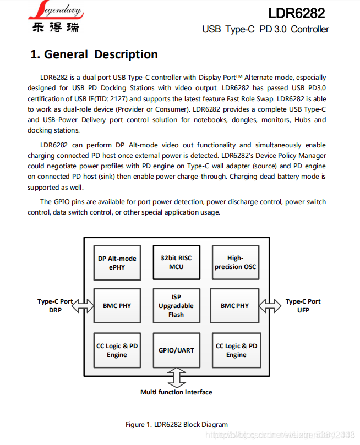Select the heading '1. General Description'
click(x=94, y=54)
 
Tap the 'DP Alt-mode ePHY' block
click(x=117, y=262)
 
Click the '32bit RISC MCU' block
click(x=176, y=262)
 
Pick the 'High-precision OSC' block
click(x=235, y=262)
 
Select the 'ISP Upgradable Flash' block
click(x=176, y=305)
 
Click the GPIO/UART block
click(x=176, y=350)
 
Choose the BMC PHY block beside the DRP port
click(x=117, y=305)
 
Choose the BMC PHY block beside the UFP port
click(x=235, y=305)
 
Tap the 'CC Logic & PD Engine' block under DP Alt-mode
click(x=117, y=350)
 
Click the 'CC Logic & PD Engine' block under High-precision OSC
click(x=236, y=350)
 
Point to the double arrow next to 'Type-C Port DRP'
click(x=83, y=305)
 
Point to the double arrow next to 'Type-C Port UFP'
click(x=270, y=305)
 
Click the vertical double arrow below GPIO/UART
click(x=176, y=378)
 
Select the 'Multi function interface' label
click(x=176, y=392)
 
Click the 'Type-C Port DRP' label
click(x=55, y=306)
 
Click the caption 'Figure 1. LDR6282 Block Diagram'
click(x=176, y=424)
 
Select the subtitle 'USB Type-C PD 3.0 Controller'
click(x=265, y=29)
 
